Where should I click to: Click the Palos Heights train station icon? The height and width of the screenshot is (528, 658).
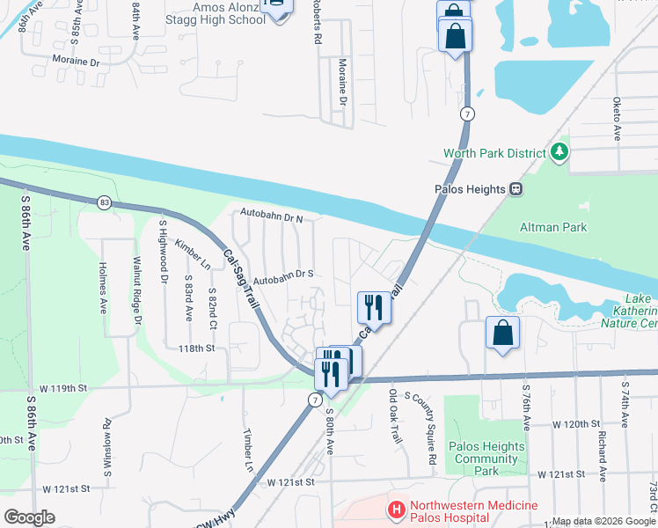516,189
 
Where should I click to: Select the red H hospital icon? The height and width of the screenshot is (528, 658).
396,510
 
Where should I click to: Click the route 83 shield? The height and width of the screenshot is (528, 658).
105,202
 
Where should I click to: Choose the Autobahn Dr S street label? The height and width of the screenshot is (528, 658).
284,275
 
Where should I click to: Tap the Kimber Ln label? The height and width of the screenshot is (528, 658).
193,254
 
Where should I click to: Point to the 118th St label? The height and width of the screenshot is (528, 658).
198,348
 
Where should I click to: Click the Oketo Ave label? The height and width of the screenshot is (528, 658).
618,119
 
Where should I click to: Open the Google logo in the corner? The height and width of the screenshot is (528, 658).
30,517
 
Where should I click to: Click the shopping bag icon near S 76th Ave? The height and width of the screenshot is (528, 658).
502,334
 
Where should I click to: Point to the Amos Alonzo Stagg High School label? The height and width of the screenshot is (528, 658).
222,13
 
